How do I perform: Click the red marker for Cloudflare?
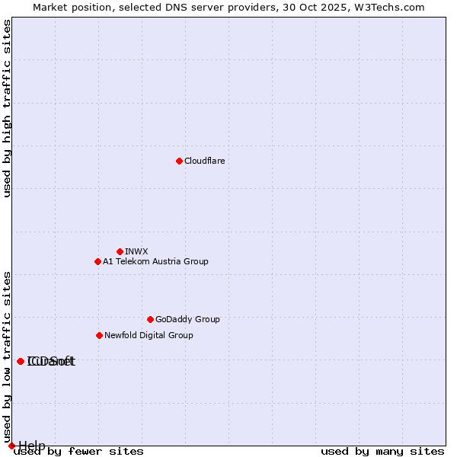179,161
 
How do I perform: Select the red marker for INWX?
120,251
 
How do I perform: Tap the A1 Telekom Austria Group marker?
97,261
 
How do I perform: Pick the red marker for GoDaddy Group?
150,319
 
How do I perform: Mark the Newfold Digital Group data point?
99,335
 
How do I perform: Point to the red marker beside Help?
11,446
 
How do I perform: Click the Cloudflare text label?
204,161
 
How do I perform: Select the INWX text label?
136,251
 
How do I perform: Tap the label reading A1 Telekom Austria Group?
155,261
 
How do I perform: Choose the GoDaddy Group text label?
187,319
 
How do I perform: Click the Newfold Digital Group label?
149,335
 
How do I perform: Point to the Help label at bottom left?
32,446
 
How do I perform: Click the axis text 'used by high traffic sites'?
8,108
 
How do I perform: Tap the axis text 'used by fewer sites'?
78,452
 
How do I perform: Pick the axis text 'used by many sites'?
382,452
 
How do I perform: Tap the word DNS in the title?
172,7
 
